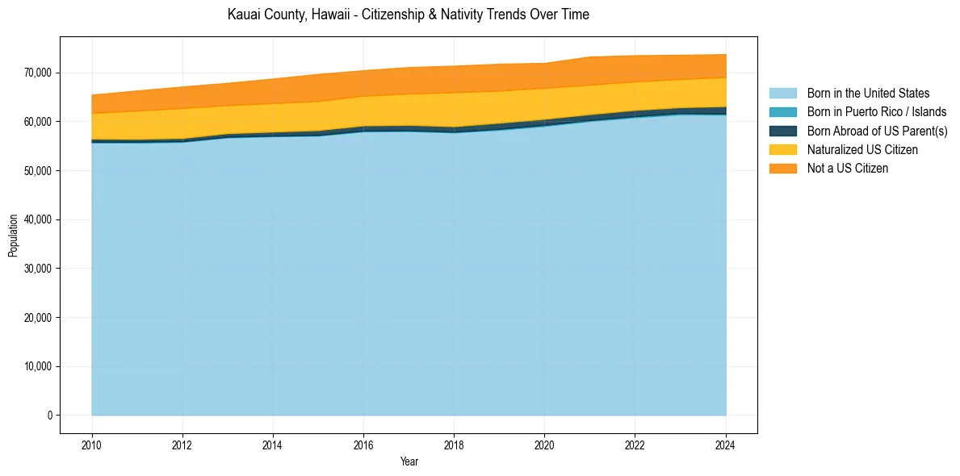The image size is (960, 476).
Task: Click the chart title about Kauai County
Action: coord(409,15)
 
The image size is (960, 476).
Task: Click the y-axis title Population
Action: coord(13,236)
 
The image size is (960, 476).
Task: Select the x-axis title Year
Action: coord(409,461)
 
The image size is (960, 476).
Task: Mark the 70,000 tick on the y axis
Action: coord(37,73)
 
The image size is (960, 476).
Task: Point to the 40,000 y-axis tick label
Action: coord(37,219)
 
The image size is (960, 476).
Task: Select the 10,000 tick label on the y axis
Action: coord(37,366)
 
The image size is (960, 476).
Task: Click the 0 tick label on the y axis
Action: coord(49,415)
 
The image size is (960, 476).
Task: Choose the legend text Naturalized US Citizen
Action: coord(862,150)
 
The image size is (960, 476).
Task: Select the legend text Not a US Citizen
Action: coord(848,169)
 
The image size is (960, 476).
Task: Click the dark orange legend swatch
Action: coord(782,169)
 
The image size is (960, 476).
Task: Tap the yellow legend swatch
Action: coord(782,150)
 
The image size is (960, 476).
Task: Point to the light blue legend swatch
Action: coord(782,94)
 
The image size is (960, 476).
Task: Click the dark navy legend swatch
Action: coord(782,131)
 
